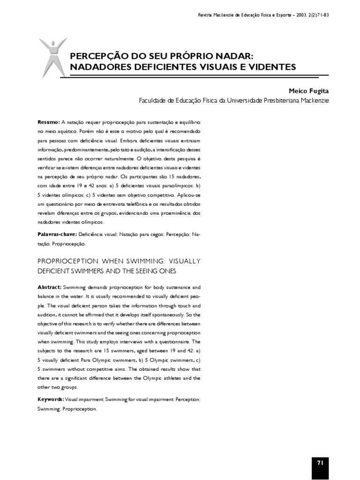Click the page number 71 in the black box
pyautogui.click(x=320, y=450)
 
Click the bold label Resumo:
pyautogui.click(x=48, y=121)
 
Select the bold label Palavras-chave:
pyautogui.click(x=57, y=233)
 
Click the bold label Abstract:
pyautogui.click(x=49, y=286)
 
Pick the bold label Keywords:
pyautogui.click(x=51, y=399)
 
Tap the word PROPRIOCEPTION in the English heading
pyautogui.click(x=69, y=261)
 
